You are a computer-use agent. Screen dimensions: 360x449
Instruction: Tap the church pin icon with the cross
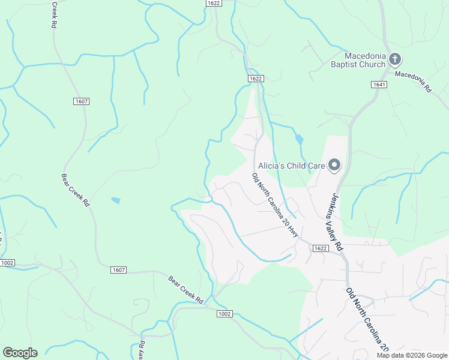tap(395, 59)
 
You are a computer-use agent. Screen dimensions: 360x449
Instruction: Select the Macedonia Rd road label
tap(413, 81)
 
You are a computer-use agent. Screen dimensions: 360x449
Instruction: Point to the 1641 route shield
tap(378, 85)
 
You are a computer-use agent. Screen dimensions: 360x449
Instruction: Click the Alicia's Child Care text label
tap(291, 165)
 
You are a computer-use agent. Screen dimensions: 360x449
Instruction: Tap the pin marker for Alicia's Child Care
tap(334, 165)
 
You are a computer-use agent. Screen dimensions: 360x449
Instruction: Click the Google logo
tap(20, 353)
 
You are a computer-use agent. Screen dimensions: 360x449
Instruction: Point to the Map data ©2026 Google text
tap(412, 355)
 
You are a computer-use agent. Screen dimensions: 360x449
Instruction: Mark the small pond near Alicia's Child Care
tap(299, 140)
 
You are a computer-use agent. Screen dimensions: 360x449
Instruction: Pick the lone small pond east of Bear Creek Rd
tap(115, 200)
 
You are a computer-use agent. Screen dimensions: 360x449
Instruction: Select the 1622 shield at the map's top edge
tap(213, 3)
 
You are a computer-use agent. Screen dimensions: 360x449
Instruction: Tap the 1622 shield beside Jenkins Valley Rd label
tap(321, 248)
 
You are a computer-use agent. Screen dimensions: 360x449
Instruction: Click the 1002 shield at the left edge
tap(7, 263)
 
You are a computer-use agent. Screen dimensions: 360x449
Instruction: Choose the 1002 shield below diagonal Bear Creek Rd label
tap(224, 314)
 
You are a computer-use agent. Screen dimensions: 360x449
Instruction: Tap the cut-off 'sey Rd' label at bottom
tap(142, 351)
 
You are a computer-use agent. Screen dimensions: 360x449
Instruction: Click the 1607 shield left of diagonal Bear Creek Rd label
tap(118, 270)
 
